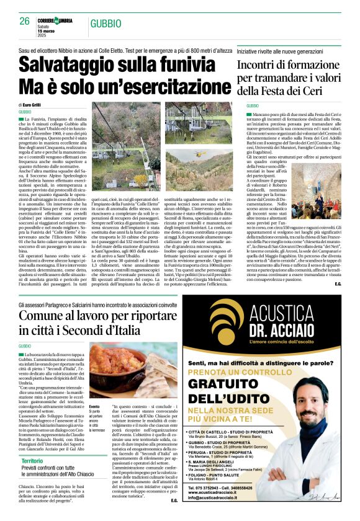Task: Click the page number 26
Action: click(25, 21)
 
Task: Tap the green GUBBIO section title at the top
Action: click(107, 24)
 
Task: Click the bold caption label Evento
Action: click(94, 389)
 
